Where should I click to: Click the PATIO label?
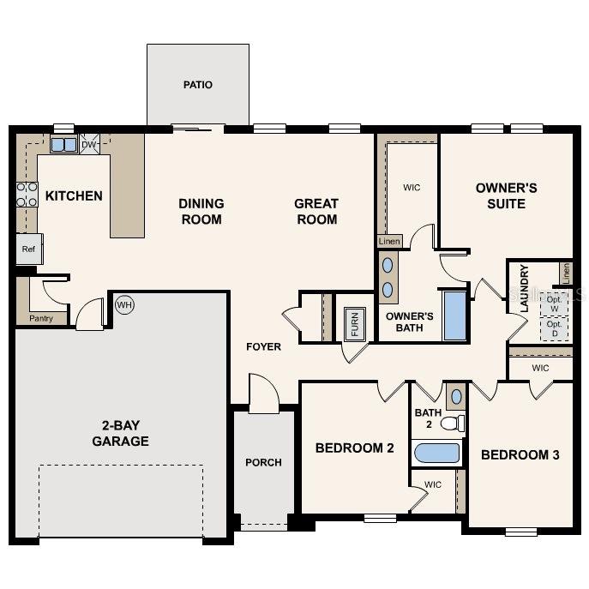[197, 85]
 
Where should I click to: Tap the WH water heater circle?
[125, 304]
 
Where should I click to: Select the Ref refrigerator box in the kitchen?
[28, 249]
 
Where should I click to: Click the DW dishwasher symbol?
[89, 144]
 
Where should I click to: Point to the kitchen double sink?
[63, 145]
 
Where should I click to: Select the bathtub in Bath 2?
[436, 452]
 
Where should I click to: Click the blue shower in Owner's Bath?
[454, 316]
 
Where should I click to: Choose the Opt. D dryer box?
[554, 329]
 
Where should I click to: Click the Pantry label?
[40, 318]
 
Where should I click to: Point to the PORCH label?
[263, 462]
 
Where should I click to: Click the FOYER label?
[263, 346]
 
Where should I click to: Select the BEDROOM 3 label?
[520, 454]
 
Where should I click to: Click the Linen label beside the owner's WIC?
[389, 242]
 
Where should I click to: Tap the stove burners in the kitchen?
[27, 195]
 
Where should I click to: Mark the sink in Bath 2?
[455, 396]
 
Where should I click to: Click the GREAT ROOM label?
[316, 211]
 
